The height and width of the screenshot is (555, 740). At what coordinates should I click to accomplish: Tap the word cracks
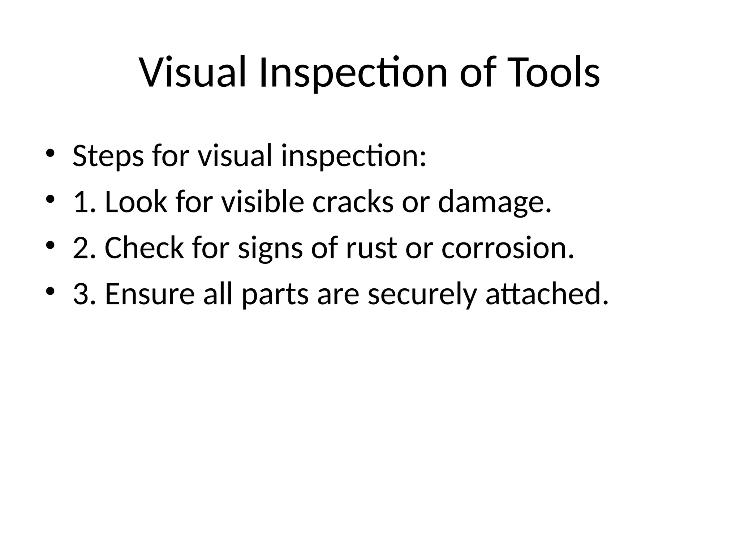click(x=353, y=202)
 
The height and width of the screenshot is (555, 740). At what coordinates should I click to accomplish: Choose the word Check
click(x=144, y=248)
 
